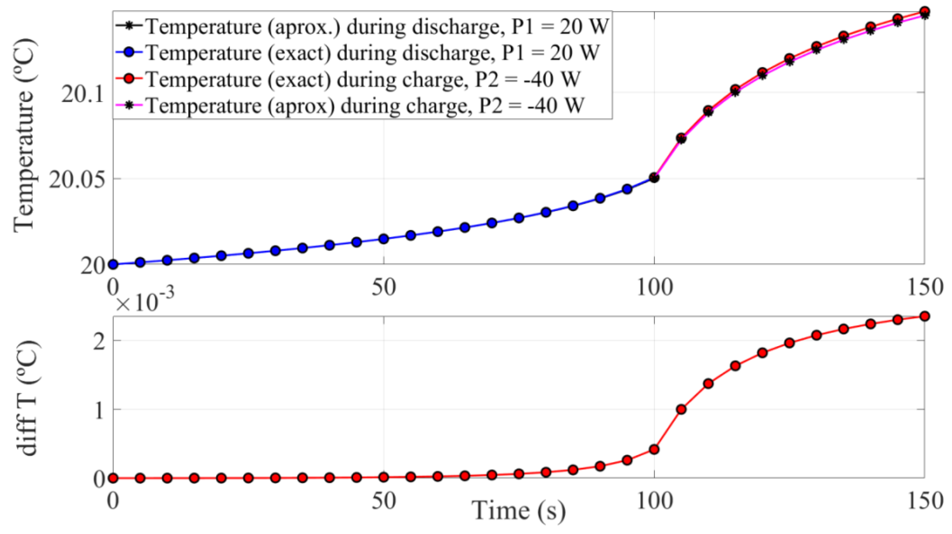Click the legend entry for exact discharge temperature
point(371,53)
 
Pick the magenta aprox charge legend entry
point(364,105)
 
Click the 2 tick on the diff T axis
point(99,340)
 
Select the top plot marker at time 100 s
point(654,178)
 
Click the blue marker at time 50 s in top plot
point(384,239)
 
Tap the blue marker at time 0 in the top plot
point(113,264)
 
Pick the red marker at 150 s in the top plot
point(924,12)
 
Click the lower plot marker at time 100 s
point(654,449)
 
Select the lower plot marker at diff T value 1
point(681,409)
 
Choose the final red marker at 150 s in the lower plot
point(924,316)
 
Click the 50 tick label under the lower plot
point(383,502)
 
